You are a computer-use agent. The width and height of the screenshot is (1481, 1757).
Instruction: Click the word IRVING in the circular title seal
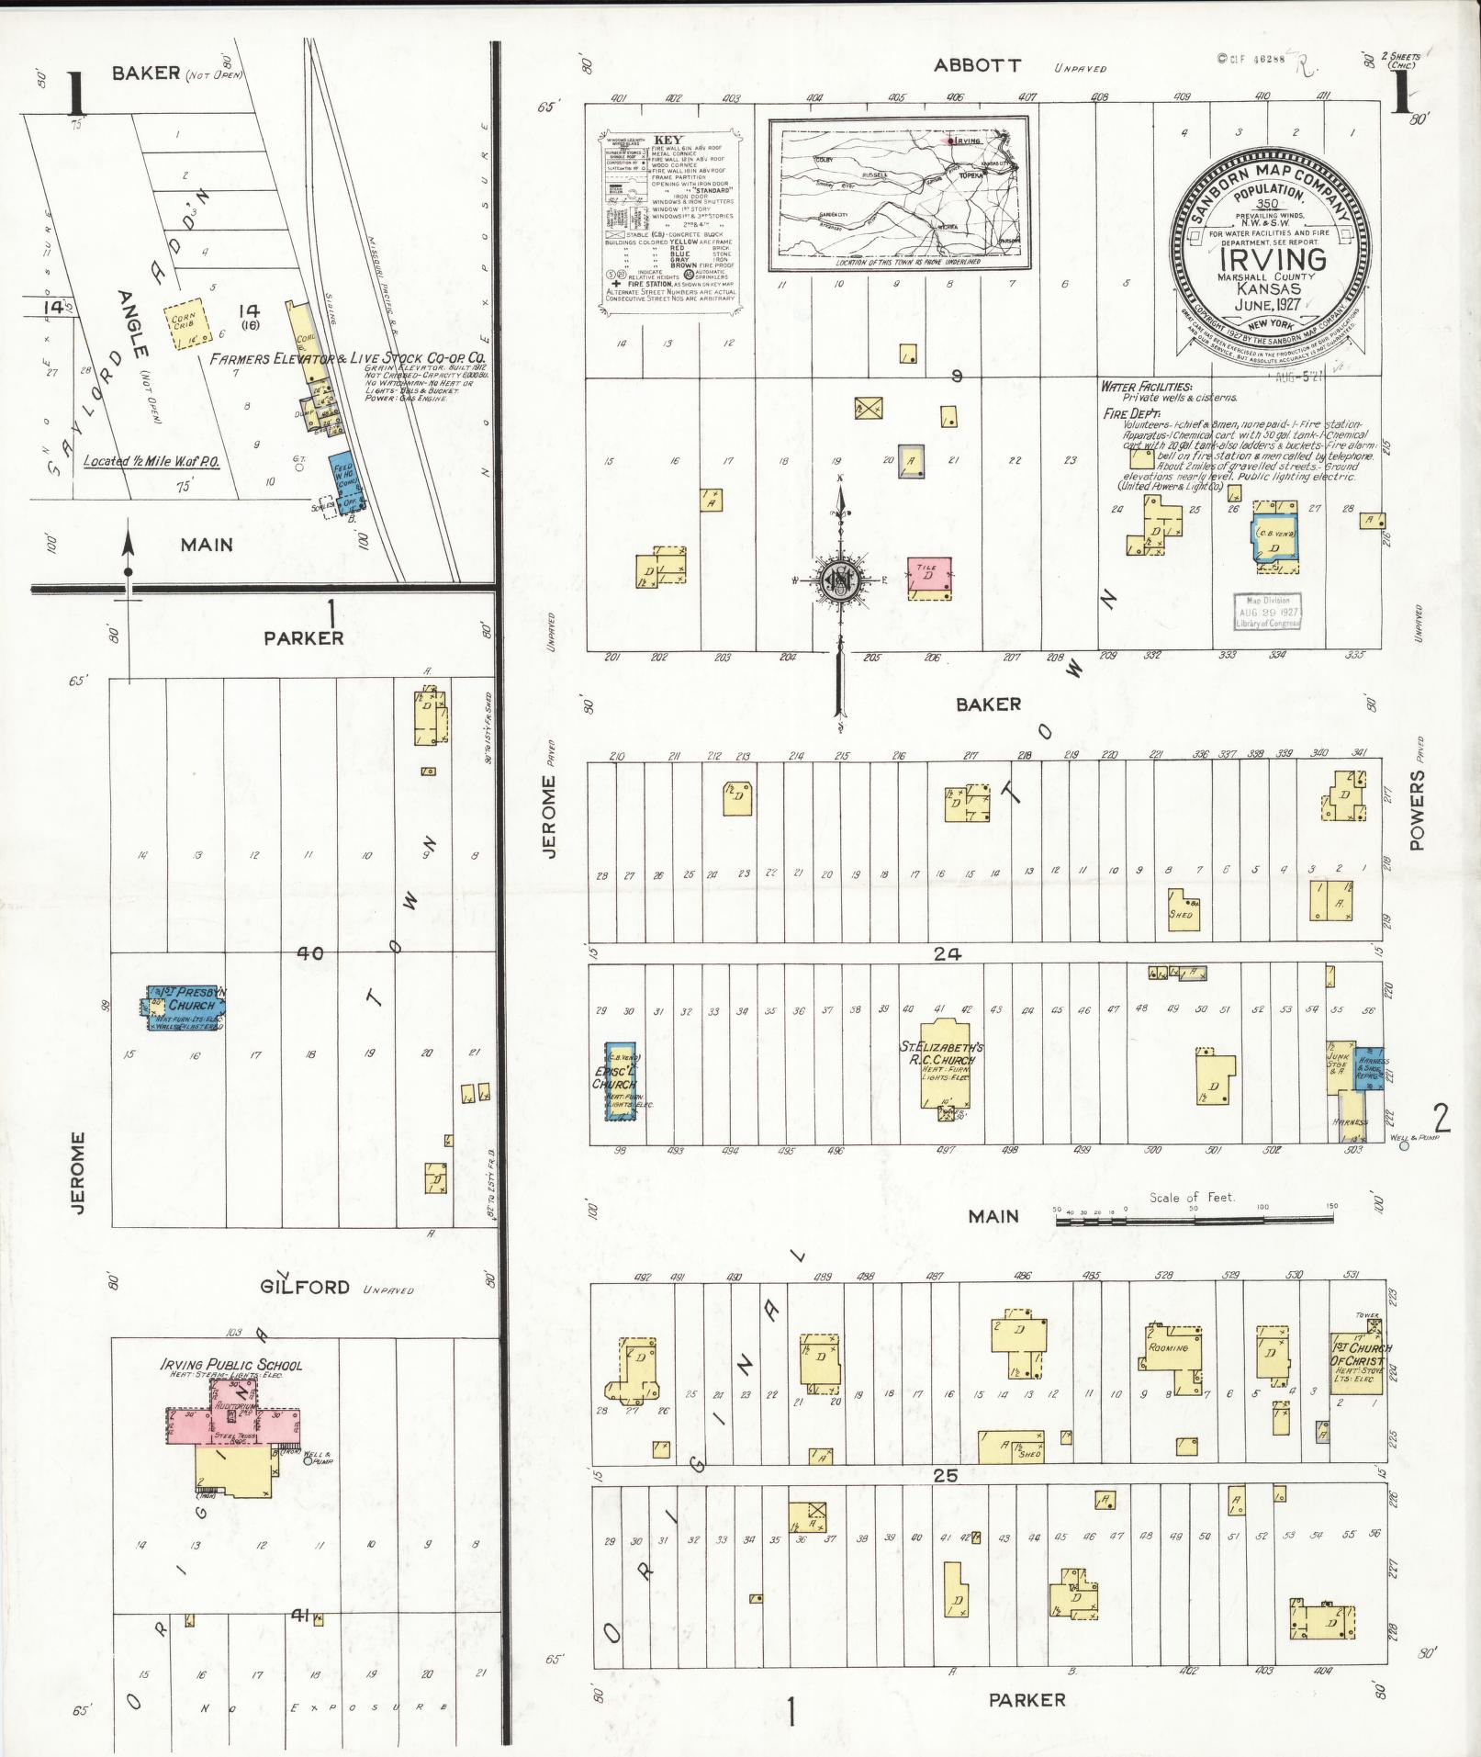click(x=1272, y=259)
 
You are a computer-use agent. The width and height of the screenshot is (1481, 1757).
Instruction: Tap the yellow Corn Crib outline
click(x=183, y=326)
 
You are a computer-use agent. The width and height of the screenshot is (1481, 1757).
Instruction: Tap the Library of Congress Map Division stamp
click(x=1267, y=611)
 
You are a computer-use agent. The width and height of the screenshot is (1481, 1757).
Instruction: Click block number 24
click(x=947, y=954)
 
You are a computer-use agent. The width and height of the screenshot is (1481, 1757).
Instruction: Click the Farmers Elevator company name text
click(x=347, y=359)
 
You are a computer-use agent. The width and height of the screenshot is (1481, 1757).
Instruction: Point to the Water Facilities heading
click(x=1147, y=388)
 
